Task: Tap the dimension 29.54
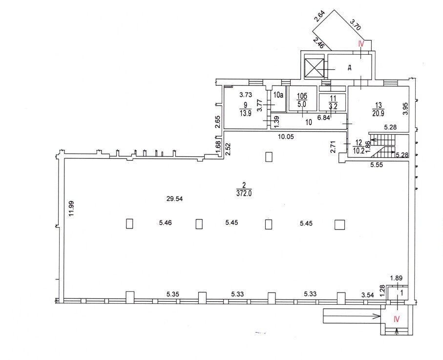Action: [x=174, y=199]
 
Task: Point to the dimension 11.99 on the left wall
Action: [x=71, y=208]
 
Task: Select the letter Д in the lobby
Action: [x=350, y=67]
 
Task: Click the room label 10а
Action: [x=278, y=95]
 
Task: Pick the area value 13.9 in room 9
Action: [x=245, y=113]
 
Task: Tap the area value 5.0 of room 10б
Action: [x=302, y=104]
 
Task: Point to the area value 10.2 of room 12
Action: [x=358, y=150]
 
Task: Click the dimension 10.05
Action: [x=286, y=137]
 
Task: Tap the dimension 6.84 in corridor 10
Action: [x=324, y=118]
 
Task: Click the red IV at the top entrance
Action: [x=361, y=43]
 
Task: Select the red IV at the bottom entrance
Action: [x=397, y=319]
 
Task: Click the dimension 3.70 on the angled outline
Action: [x=356, y=24]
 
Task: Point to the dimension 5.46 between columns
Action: [x=165, y=223]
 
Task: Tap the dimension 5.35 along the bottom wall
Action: [x=172, y=294]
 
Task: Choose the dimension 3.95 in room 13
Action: [x=405, y=108]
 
